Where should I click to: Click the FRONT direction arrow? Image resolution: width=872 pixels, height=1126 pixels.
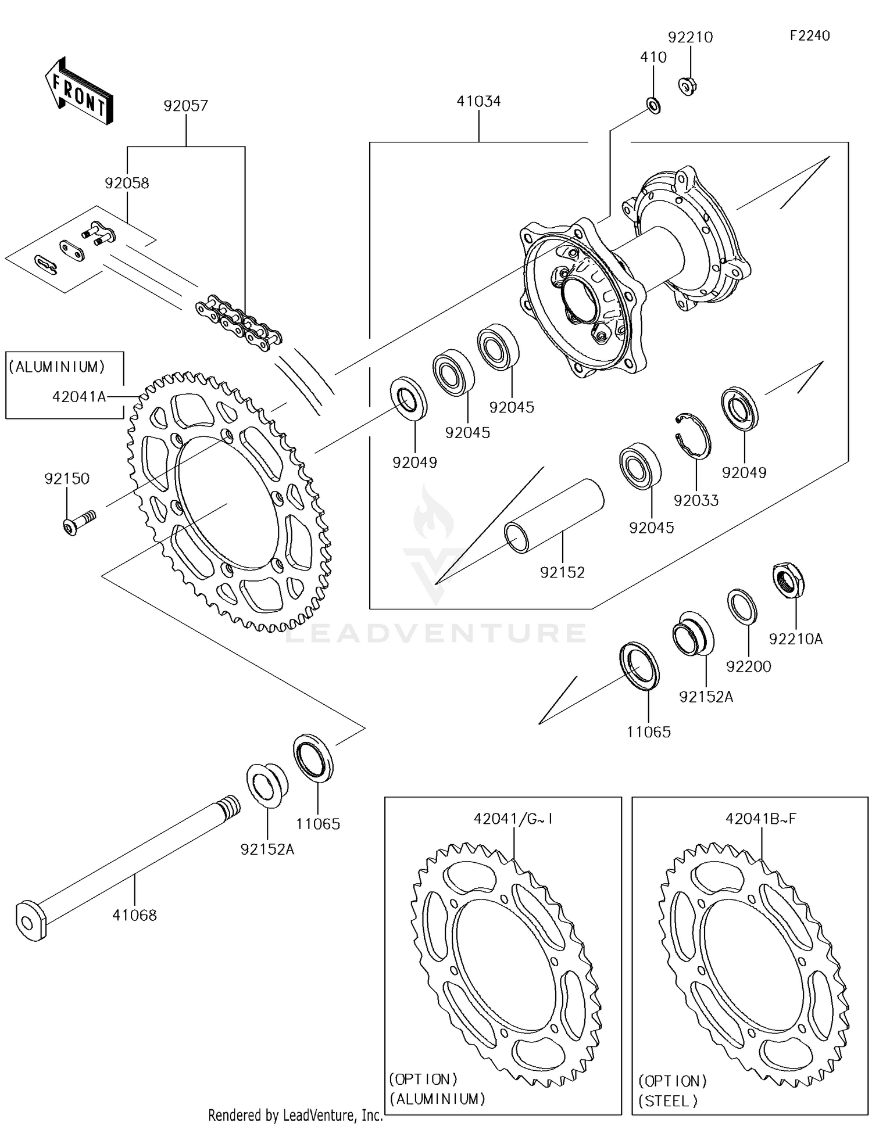[78, 92]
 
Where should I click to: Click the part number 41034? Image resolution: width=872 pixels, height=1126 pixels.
[478, 101]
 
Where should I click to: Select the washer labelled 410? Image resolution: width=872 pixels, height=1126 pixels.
[653, 106]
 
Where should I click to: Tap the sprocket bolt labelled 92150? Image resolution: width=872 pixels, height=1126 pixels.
[78, 521]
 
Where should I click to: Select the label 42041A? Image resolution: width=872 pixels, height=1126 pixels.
[79, 397]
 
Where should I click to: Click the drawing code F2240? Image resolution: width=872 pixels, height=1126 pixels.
[809, 35]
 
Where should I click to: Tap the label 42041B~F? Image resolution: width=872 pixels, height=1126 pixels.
[760, 819]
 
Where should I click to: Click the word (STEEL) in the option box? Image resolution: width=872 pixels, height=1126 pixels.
[668, 1100]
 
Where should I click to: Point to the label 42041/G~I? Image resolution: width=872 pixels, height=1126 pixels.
[513, 819]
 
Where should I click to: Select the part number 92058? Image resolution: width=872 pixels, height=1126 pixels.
[127, 183]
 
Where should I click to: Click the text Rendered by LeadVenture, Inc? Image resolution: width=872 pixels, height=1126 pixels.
[295, 1115]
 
